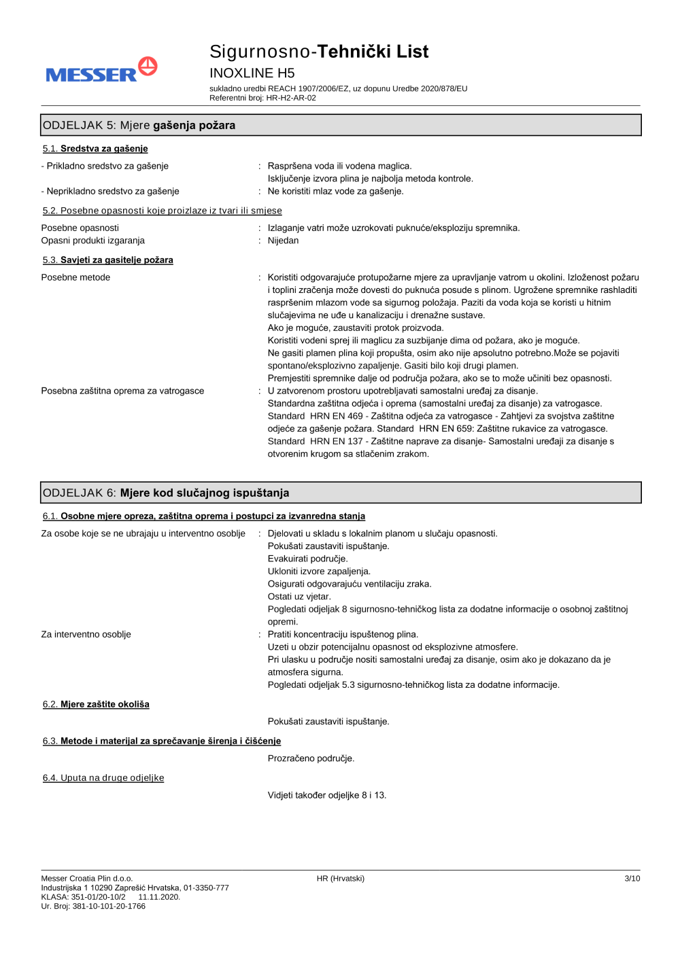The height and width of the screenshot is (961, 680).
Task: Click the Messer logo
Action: [101, 71]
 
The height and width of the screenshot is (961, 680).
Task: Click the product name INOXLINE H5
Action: [252, 73]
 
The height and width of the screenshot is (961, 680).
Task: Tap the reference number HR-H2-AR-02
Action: [291, 98]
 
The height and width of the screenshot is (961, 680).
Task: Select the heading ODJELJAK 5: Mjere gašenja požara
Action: [139, 125]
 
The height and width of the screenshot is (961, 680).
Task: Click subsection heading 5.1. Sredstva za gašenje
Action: [95, 149]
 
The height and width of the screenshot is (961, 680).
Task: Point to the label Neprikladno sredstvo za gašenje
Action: [112, 192]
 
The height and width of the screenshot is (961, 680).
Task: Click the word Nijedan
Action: [283, 241]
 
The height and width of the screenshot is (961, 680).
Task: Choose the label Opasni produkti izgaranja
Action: [93, 241]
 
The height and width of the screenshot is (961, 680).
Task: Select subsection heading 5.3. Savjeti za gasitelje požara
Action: [108, 260]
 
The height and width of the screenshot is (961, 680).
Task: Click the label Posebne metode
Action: [75, 277]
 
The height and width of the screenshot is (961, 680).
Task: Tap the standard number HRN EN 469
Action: [337, 416]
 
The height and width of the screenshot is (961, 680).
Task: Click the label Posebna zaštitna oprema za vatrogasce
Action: [122, 391]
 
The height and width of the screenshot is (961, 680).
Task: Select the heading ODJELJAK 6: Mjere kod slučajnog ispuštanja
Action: [166, 493]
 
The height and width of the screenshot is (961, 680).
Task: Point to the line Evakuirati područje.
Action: [307, 559]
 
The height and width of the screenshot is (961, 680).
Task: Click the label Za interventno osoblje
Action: [86, 634]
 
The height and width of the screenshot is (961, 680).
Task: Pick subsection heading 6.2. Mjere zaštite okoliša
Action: [96, 704]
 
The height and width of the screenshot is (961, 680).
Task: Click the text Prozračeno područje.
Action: [311, 758]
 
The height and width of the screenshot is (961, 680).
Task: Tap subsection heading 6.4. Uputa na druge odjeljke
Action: [103, 778]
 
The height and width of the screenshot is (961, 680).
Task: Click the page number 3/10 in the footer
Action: [632, 879]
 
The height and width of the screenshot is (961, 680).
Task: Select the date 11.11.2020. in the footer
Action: [159, 897]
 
